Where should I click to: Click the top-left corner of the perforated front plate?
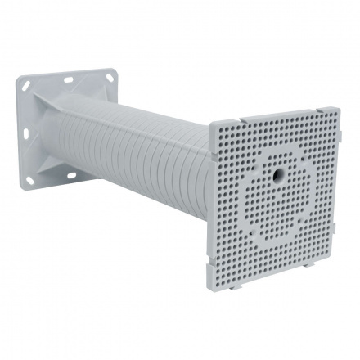[210, 124]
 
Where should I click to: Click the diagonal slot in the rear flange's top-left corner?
[27, 85]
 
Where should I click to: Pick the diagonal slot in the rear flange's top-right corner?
[106, 74]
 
